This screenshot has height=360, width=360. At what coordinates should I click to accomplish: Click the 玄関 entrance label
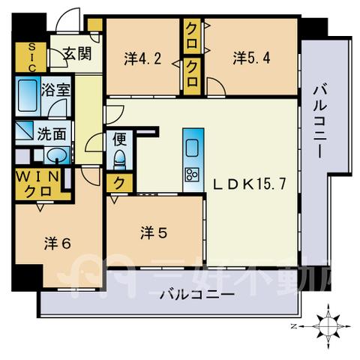(x=77, y=53)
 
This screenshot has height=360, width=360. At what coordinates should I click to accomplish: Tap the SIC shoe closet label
(x=31, y=58)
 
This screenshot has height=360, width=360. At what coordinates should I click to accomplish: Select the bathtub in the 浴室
(x=28, y=95)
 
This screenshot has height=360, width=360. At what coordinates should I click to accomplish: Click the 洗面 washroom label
(x=52, y=133)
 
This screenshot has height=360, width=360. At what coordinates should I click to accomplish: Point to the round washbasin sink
(x=57, y=155)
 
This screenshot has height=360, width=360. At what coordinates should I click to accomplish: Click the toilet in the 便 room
(x=119, y=159)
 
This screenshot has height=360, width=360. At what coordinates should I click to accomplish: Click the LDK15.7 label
(x=250, y=184)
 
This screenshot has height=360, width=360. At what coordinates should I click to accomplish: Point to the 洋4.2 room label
(x=142, y=59)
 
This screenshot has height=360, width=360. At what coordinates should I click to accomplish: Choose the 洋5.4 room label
(x=252, y=58)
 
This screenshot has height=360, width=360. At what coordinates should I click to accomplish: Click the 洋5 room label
(x=154, y=232)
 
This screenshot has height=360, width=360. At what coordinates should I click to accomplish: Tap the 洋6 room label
(x=58, y=243)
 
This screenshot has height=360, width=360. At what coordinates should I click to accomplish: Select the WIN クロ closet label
(x=37, y=184)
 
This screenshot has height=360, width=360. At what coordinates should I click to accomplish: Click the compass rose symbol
(x=328, y=326)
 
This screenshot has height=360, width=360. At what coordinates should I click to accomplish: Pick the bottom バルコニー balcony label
(x=197, y=295)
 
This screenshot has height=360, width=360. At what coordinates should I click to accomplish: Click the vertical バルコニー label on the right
(x=320, y=121)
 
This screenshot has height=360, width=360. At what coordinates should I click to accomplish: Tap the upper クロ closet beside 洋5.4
(x=192, y=37)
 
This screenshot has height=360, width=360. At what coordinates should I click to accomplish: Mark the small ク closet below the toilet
(x=119, y=184)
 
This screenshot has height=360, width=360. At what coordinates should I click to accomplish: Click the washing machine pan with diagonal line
(x=25, y=130)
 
